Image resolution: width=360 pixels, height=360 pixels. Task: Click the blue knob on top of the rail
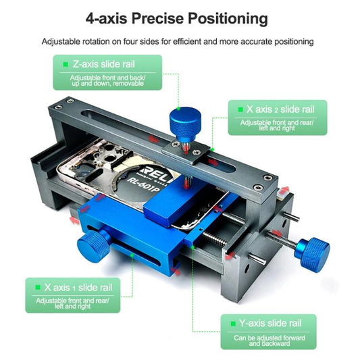[x=182, y=123]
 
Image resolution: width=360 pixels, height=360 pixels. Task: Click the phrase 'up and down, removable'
[x=108, y=84]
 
